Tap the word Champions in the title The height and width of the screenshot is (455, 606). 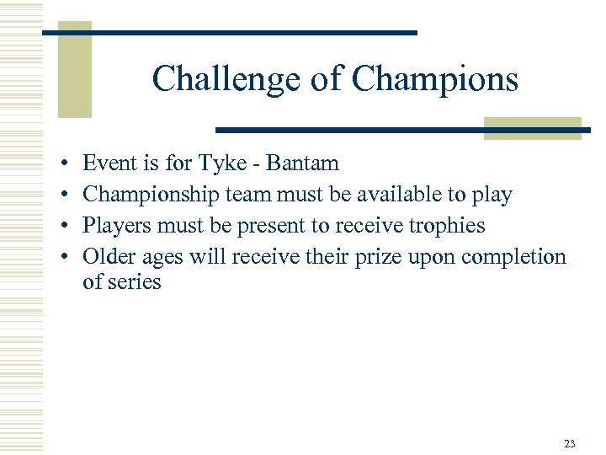coord(434,79)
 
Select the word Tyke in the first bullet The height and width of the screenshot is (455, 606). coord(222,163)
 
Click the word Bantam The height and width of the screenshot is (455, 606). coord(302,163)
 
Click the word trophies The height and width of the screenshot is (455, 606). coord(444,226)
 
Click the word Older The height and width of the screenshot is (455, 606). coord(108,256)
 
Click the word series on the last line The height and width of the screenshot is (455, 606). coord(134,282)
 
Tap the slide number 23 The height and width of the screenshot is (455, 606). coord(570,443)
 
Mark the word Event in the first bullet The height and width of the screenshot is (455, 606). coord(109,163)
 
